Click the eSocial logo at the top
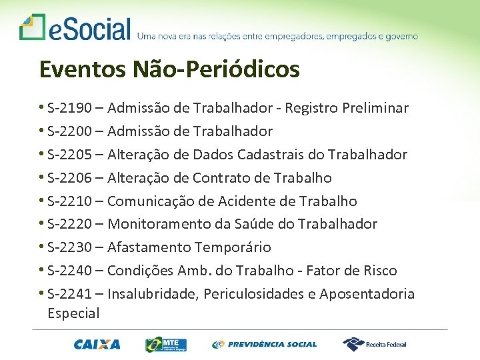point(75,28)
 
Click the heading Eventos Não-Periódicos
point(169,69)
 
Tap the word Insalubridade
point(152,294)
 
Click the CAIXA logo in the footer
point(97,345)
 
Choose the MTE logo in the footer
point(166,344)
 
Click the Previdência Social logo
point(265,345)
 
